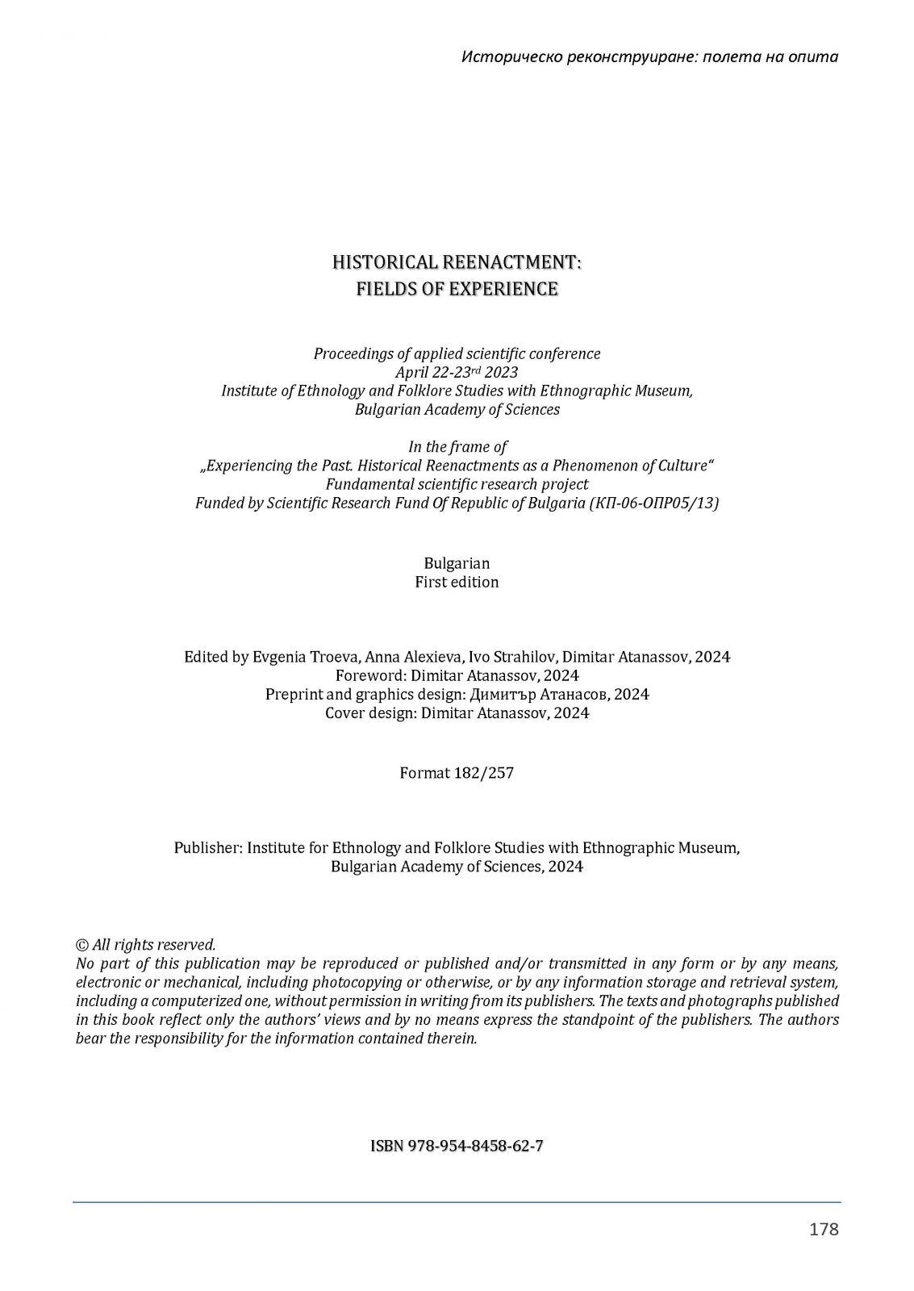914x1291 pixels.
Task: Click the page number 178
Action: (x=824, y=1229)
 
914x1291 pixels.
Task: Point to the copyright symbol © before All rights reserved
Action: (x=81, y=945)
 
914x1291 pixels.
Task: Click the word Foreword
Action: (x=368, y=675)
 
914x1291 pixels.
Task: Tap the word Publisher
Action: (x=207, y=848)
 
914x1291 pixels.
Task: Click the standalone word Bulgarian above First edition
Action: (x=457, y=563)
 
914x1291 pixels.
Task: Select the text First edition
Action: (x=457, y=582)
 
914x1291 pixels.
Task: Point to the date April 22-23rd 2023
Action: (x=457, y=372)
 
